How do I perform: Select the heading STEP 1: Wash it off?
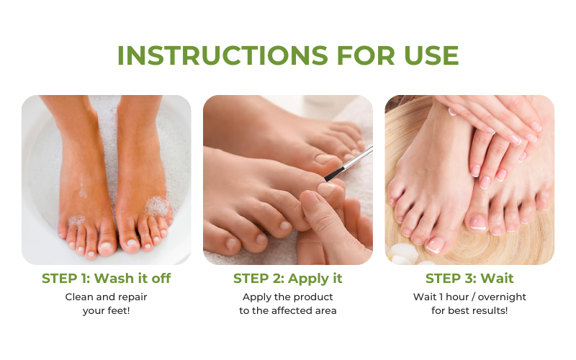click(107, 279)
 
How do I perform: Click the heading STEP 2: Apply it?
click(288, 279)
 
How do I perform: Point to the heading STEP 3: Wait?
click(469, 279)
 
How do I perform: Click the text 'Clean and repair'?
click(107, 297)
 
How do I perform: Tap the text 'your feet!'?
click(107, 310)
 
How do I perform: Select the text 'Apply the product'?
click(288, 297)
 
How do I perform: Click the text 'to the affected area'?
click(288, 310)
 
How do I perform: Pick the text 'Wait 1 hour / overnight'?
click(469, 297)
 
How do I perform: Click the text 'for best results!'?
click(469, 310)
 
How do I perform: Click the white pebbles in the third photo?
click(402, 256)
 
